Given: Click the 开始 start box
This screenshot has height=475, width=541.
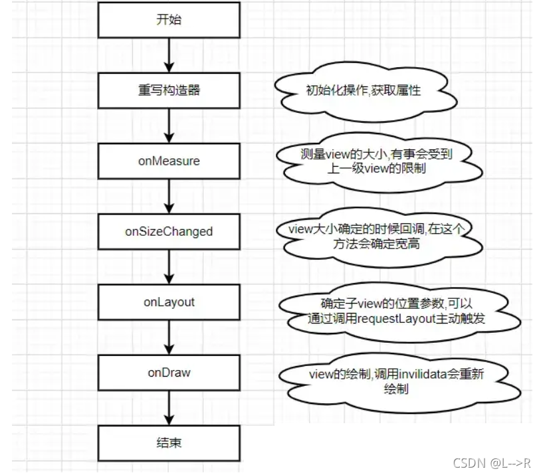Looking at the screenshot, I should (169, 19).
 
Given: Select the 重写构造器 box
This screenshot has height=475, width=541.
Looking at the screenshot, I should (169, 90).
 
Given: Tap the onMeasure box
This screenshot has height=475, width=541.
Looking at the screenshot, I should (169, 161).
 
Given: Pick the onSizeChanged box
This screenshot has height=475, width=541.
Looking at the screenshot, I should (169, 231).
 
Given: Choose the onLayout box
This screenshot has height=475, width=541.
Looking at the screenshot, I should (169, 302).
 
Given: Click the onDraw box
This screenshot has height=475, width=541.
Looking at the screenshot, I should (169, 373).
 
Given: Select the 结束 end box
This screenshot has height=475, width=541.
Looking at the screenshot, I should (169, 443).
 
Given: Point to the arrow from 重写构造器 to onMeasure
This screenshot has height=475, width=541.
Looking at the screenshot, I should (169, 126).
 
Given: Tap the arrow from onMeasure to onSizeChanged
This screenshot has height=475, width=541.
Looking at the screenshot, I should (169, 196).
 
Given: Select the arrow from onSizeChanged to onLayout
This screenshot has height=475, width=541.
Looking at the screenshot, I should (169, 267).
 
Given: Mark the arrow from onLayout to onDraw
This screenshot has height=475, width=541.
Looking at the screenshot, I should (169, 337).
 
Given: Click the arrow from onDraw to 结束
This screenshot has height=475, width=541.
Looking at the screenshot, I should (169, 408).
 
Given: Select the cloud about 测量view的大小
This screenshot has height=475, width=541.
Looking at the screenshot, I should (376, 161).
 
